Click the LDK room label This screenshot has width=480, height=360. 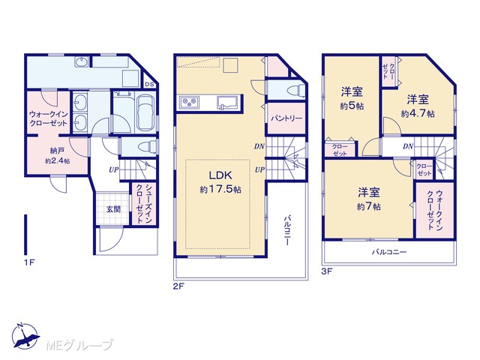[220, 175]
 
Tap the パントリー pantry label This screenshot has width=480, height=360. [286, 118]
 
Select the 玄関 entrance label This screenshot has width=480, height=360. [113, 209]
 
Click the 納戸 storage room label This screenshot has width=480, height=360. [57, 151]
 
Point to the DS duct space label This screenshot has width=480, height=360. [149, 84]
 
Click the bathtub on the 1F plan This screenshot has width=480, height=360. [145, 112]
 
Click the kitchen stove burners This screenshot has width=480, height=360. [190, 102]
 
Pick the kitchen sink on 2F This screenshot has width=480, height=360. [227, 102]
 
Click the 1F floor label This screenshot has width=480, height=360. [30, 262]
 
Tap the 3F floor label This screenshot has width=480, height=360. [327, 271]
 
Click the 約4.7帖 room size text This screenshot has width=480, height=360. [418, 114]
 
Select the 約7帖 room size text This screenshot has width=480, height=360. [369, 207]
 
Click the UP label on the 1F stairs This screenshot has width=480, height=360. [113, 169]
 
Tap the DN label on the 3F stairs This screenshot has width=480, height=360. [408, 146]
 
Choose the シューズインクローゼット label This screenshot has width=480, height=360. [144, 203]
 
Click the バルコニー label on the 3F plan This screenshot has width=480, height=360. [389, 252]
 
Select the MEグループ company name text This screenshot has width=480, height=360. [79, 346]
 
